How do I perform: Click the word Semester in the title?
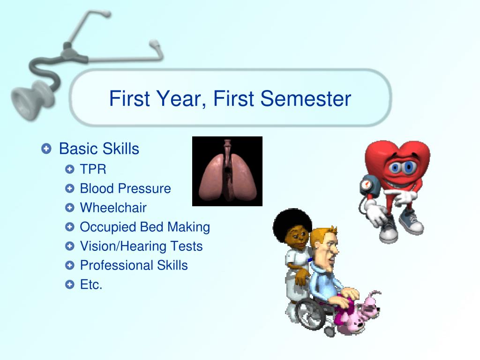point(306,98)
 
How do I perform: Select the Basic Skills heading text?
point(99,149)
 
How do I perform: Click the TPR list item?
point(93,169)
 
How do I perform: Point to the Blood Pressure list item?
point(126,188)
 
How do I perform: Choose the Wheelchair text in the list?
point(113,208)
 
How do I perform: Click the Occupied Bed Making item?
point(145,227)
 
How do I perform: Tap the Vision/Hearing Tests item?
point(142,247)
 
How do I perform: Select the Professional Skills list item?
point(134,265)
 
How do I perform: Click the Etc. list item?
point(91,285)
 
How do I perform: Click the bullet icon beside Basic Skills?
point(46,149)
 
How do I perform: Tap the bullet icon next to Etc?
point(70,285)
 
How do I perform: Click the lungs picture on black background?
point(227,171)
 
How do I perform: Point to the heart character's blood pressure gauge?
point(369,185)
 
